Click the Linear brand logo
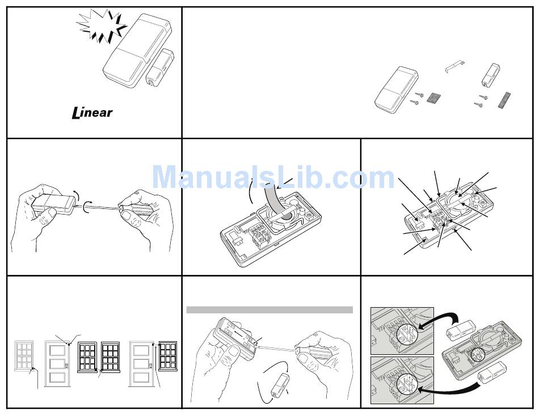coord(92,113)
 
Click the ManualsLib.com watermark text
coord(273,178)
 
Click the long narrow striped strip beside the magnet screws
coord(504,100)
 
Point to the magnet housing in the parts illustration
coord(490,74)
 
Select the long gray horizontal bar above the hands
coord(269,310)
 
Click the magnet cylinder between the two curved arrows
coord(280,386)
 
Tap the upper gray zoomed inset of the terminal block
coord(402,331)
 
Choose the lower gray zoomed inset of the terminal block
coord(402,380)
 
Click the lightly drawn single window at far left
coord(24,356)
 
